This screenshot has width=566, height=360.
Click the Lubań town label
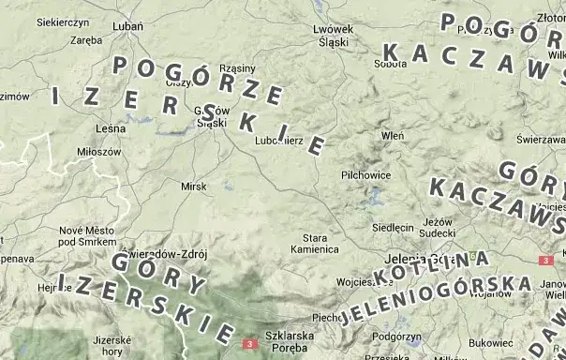(x=127, y=26)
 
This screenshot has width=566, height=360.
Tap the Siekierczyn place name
(x=63, y=21)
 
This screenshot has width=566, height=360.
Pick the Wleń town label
(x=393, y=135)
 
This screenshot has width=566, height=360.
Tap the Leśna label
(x=111, y=127)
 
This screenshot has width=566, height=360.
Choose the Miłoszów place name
(x=99, y=151)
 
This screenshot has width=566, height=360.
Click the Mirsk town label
(x=194, y=187)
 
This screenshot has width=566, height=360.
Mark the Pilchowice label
(x=366, y=174)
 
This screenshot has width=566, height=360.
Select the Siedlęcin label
(x=394, y=227)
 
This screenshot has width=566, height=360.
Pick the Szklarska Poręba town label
(x=289, y=340)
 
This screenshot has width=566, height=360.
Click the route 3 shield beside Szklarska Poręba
(x=249, y=345)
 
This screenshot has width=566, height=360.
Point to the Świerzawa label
(x=539, y=139)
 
